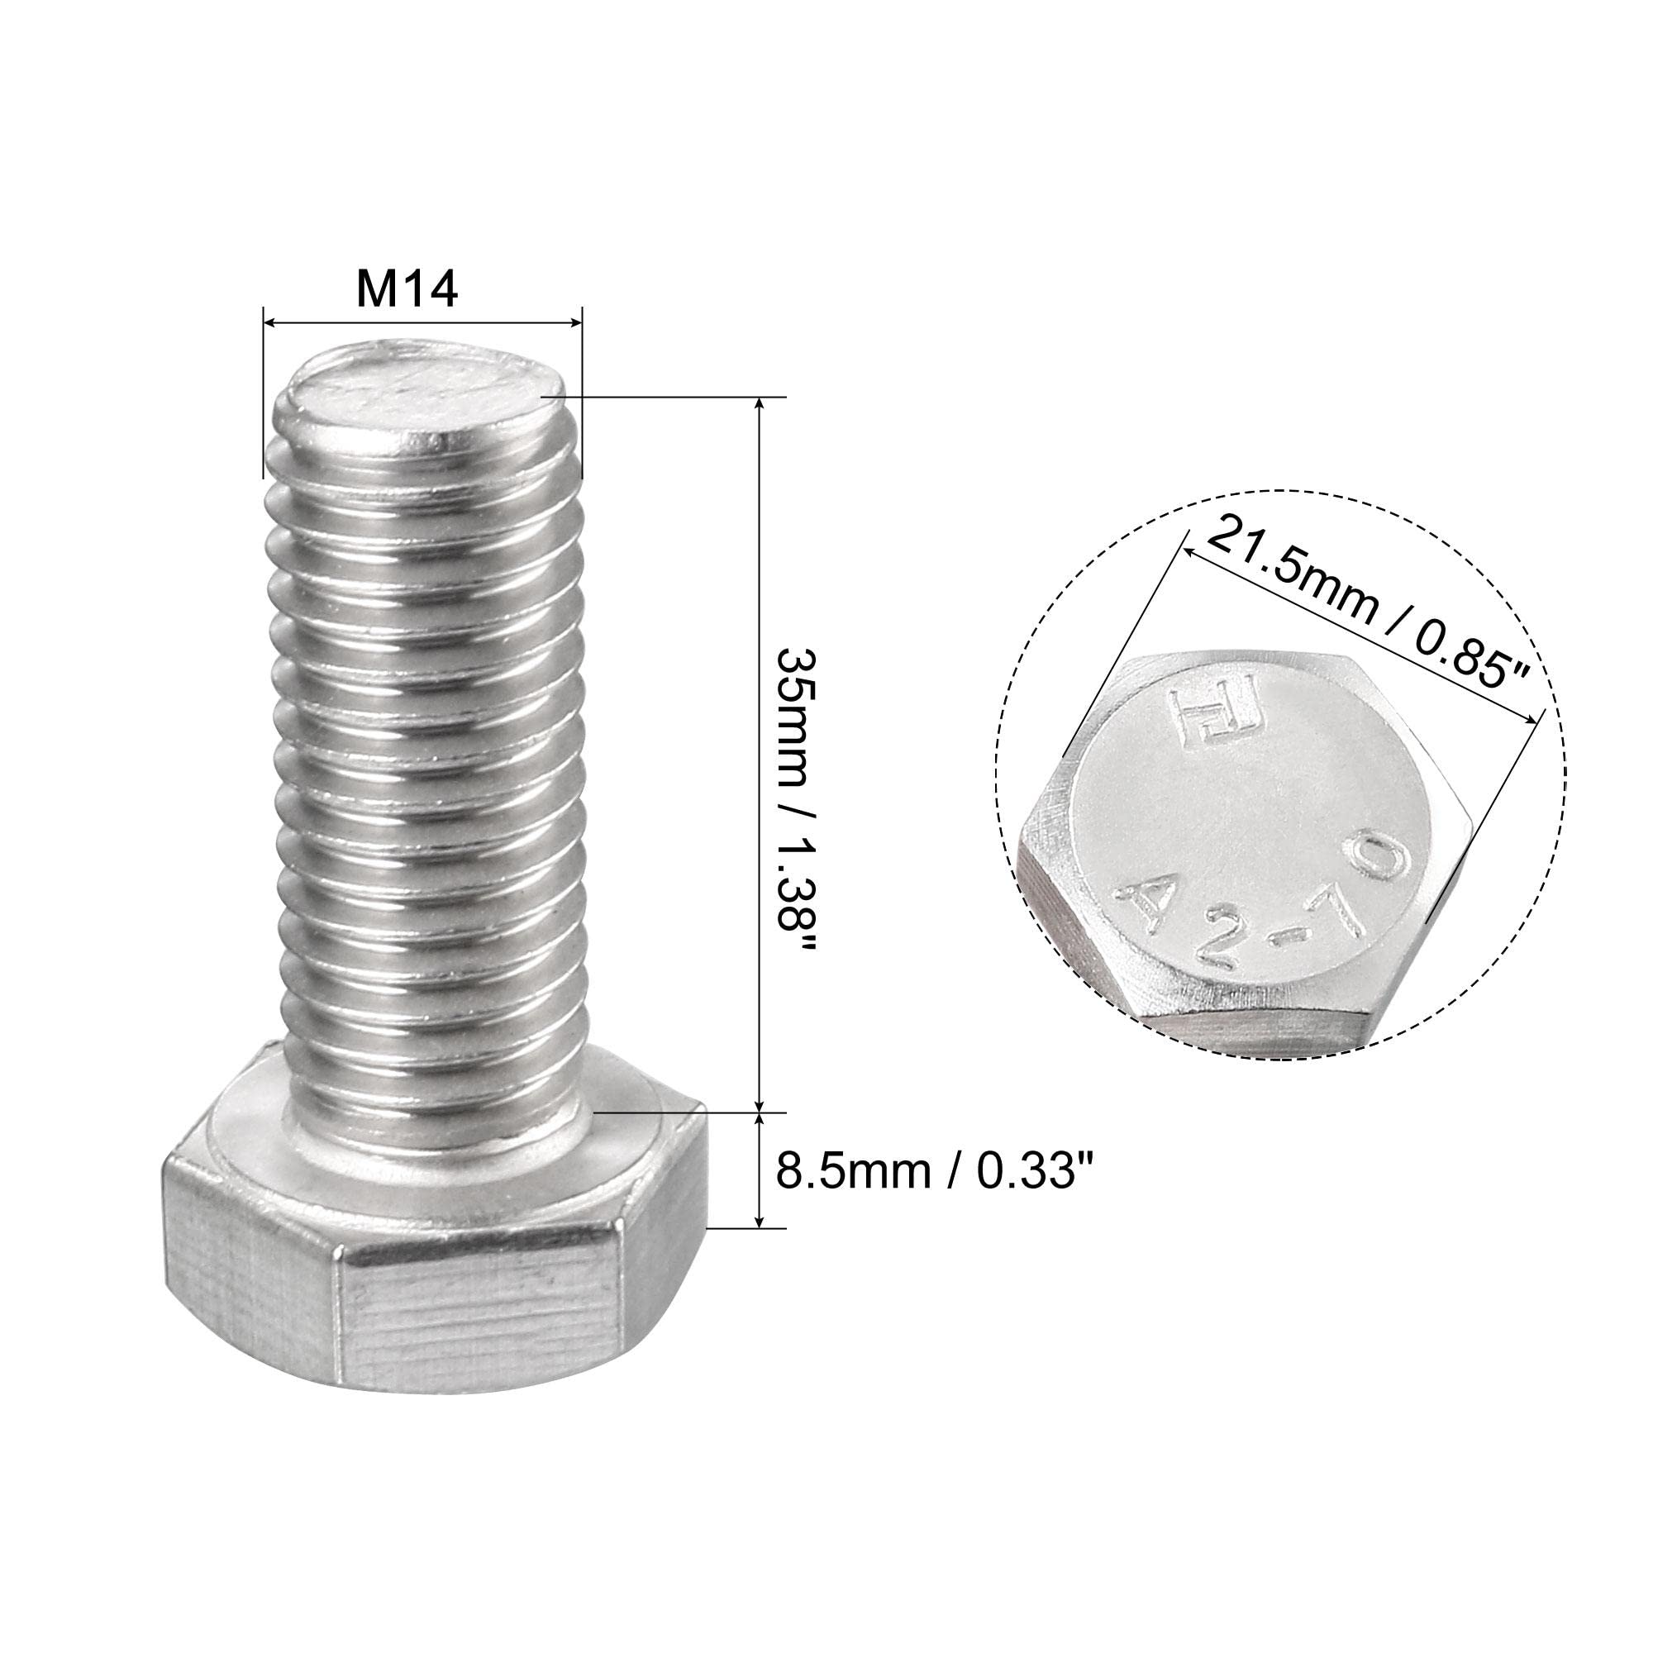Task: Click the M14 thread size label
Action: [407, 291]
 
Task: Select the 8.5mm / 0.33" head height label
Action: [934, 1171]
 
